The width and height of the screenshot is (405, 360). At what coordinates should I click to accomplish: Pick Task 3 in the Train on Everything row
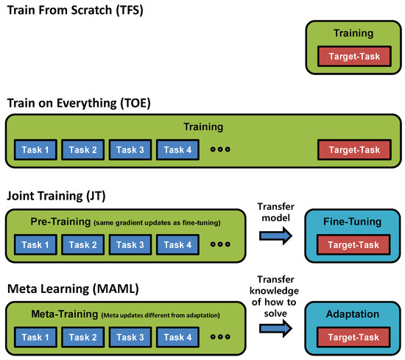click(130, 150)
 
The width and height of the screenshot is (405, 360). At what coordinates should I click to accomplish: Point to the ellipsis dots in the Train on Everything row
click(220, 150)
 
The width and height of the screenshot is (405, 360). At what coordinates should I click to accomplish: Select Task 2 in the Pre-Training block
click(82, 244)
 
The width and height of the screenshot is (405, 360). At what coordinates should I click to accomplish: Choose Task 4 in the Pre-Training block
click(177, 244)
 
